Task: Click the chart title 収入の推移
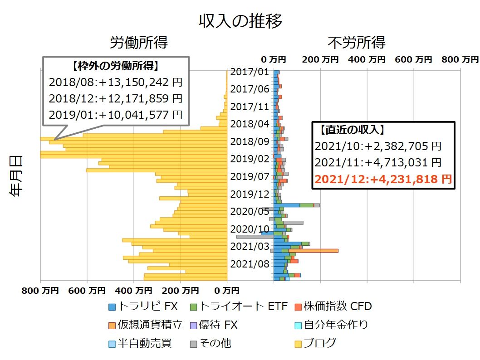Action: pyautogui.click(x=240, y=21)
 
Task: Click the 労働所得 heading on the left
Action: pyautogui.click(x=139, y=43)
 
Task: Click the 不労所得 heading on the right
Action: pyautogui.click(x=357, y=43)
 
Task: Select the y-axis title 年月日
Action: pyautogui.click(x=16, y=176)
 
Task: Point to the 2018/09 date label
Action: pyautogui.click(x=250, y=141)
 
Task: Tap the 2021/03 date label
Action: pyautogui.click(x=250, y=246)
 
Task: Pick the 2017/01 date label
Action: pyautogui.click(x=250, y=72)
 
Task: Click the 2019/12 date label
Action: pyautogui.click(x=250, y=194)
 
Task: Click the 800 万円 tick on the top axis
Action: pyautogui.click(x=460, y=59)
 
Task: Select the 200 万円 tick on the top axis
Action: pyautogui.click(x=320, y=59)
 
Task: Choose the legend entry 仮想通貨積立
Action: pyautogui.click(x=145, y=325)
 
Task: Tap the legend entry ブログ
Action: pyautogui.click(x=315, y=343)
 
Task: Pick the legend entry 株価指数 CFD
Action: pyautogui.click(x=333, y=306)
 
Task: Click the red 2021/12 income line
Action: pyautogui.click(x=383, y=179)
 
